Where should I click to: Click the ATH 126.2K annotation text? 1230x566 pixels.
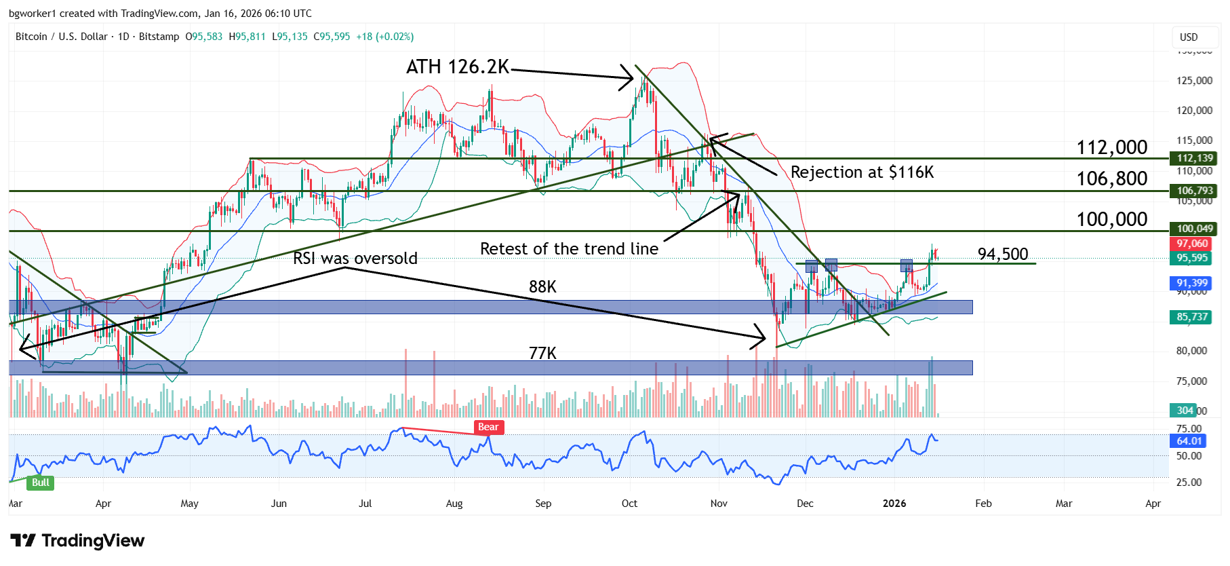457,67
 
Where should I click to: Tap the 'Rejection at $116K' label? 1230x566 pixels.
862,172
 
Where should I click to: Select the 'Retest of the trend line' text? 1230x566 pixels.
569,249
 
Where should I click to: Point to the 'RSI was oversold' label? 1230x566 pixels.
355,259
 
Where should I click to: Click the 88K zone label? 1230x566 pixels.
542,287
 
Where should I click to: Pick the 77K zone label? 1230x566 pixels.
542,354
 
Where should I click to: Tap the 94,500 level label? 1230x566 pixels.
1003,254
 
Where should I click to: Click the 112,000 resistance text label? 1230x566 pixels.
1112,147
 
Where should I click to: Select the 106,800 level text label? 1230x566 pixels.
1112,178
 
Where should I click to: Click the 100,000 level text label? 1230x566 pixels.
1112,219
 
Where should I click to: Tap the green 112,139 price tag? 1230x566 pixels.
1194,158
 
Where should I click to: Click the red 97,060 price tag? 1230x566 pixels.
1192,244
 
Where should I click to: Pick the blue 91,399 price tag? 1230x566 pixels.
1192,283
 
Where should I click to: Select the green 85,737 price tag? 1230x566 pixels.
1192,317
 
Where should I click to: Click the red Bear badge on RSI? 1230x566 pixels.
488,427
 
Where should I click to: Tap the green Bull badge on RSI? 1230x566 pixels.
41,483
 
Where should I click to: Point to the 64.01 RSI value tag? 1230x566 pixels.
1189,441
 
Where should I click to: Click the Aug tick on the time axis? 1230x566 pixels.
454,504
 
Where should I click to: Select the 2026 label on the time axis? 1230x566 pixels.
894,504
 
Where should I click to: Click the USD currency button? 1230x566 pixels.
1189,37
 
